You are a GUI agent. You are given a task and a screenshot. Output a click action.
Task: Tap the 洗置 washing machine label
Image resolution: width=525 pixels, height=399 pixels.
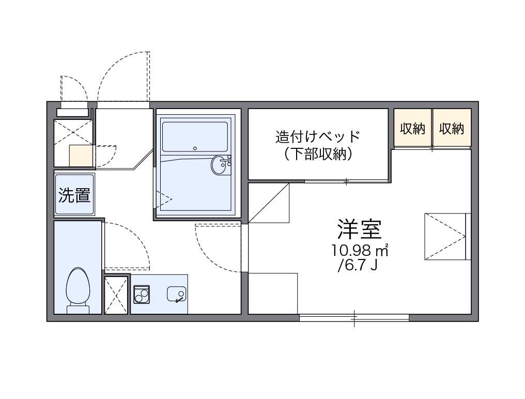click(x=74, y=195)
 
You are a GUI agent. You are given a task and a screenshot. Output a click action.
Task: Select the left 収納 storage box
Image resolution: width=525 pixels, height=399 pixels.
click(x=412, y=128)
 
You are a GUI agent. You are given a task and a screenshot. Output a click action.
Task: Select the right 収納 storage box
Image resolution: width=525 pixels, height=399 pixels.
click(x=452, y=128)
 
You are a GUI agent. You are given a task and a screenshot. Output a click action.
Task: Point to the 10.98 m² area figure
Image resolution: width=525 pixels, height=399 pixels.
click(x=360, y=251)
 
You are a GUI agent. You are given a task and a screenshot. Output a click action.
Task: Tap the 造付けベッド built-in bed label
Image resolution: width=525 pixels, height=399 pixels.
click(x=317, y=137)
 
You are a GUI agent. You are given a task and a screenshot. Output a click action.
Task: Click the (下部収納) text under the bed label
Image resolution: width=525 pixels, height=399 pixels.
click(x=317, y=154)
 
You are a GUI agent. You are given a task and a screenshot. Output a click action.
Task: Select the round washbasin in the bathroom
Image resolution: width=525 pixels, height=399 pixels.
click(x=221, y=165)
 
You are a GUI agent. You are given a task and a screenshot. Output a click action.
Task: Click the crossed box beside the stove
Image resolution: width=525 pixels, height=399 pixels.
click(x=116, y=295)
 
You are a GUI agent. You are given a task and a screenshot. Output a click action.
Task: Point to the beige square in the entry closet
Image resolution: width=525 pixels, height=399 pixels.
click(x=81, y=155)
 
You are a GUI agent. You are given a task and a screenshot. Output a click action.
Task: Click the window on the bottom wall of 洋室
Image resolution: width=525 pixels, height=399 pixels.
click(x=354, y=317)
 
